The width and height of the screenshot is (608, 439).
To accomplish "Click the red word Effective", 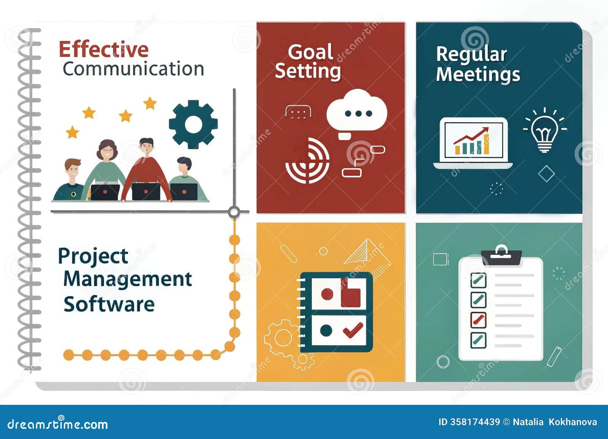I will click(x=103, y=50).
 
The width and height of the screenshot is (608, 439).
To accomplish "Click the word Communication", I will click(x=133, y=69).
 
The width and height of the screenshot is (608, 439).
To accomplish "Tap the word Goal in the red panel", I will click(x=310, y=52).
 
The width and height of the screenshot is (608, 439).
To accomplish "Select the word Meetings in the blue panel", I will click(x=478, y=74).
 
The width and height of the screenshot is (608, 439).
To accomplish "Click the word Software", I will click(x=109, y=304).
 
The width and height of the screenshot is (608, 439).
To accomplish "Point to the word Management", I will click(x=128, y=280).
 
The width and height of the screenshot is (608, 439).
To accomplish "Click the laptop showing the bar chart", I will click(x=473, y=142).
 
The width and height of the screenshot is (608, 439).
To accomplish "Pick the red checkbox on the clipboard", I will click(x=478, y=320).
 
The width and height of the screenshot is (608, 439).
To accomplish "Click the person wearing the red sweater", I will click(x=146, y=169).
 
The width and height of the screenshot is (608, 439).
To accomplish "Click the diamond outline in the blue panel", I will click(x=546, y=174).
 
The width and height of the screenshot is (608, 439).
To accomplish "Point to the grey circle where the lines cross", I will click(x=234, y=212).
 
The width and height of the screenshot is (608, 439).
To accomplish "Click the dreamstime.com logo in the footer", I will click(x=58, y=424).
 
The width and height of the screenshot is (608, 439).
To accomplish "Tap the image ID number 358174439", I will click(x=475, y=422).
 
